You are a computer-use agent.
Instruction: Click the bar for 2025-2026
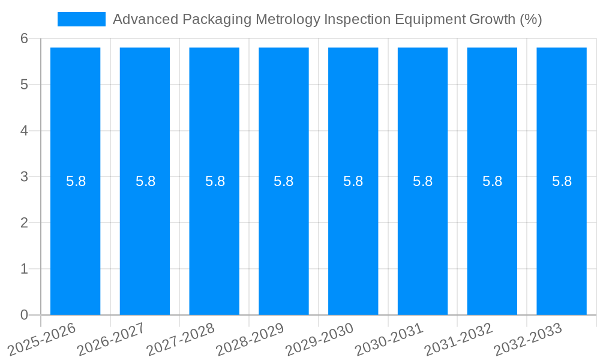[75, 240]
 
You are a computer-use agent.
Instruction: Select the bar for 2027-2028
[214, 240]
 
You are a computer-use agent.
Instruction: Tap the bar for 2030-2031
[422, 240]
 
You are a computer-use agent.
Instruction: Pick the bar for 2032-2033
[562, 240]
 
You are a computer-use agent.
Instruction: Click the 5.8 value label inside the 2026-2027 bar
[145, 181]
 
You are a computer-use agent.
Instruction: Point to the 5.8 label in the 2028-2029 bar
[283, 181]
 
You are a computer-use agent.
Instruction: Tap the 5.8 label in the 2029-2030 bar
[353, 181]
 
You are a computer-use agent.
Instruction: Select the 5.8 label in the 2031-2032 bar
[492, 181]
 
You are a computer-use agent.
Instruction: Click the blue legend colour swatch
[82, 19]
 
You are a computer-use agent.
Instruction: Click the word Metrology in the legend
[287, 19]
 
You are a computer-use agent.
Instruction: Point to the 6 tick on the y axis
[24, 38]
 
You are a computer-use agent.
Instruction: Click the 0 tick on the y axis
[24, 315]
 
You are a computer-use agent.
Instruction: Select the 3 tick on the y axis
[24, 177]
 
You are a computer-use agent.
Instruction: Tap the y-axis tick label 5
[24, 85]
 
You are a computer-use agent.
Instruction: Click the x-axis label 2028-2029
[251, 338]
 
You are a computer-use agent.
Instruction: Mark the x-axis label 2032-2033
[529, 338]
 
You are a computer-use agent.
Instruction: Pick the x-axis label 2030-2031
[390, 338]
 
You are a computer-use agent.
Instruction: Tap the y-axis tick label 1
[24, 269]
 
